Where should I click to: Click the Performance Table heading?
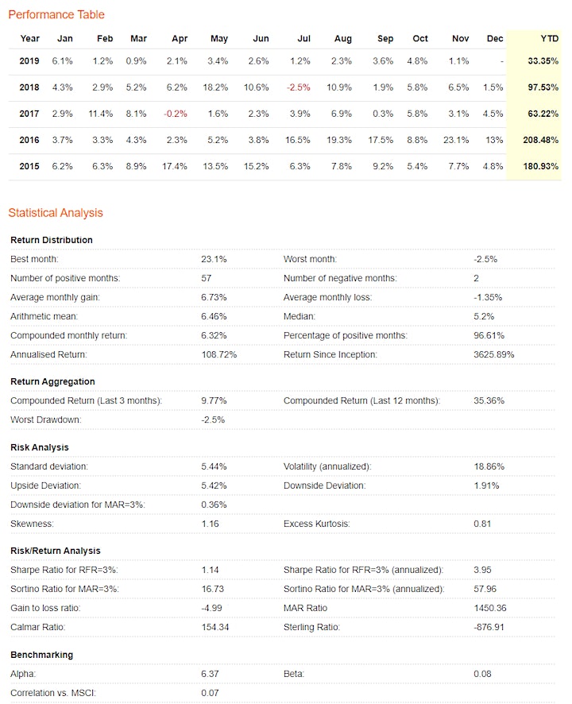tap(56, 15)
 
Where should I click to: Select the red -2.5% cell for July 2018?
tap(299, 87)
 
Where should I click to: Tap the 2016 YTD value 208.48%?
tap(540, 140)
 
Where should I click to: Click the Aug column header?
tap(343, 39)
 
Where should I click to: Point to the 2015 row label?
tap(29, 166)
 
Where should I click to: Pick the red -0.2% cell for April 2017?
tap(176, 114)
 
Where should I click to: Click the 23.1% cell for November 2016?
tap(456, 140)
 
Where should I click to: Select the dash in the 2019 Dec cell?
tap(502, 61)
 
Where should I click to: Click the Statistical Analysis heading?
tap(56, 213)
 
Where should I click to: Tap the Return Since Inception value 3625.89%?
tap(494, 354)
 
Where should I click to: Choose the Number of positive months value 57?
tap(206, 278)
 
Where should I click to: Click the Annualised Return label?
tap(48, 354)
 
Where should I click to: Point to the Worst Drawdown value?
tap(213, 420)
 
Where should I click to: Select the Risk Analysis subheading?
tap(40, 447)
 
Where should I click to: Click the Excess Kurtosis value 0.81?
tap(482, 524)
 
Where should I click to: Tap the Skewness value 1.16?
tap(210, 524)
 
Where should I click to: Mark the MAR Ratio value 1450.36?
tap(490, 609)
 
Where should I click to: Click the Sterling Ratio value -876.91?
tap(489, 627)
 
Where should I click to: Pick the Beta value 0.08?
tap(482, 674)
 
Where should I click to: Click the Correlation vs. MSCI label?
tap(53, 693)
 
